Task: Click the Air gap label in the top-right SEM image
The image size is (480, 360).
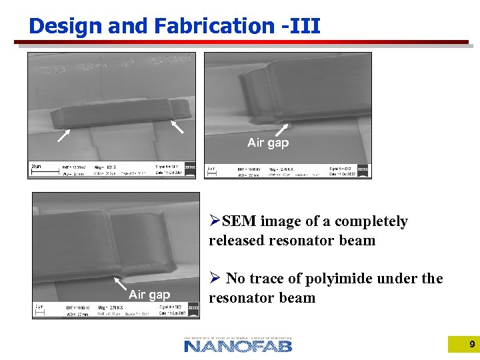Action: [x=268, y=143]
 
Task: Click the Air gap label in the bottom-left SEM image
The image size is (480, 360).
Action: [x=149, y=295]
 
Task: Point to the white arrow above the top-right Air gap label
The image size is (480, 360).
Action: [x=282, y=130]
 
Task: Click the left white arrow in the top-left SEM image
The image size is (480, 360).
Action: [x=63, y=135]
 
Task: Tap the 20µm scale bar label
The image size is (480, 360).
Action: [x=36, y=166]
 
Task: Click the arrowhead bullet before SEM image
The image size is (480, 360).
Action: [x=215, y=221]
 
